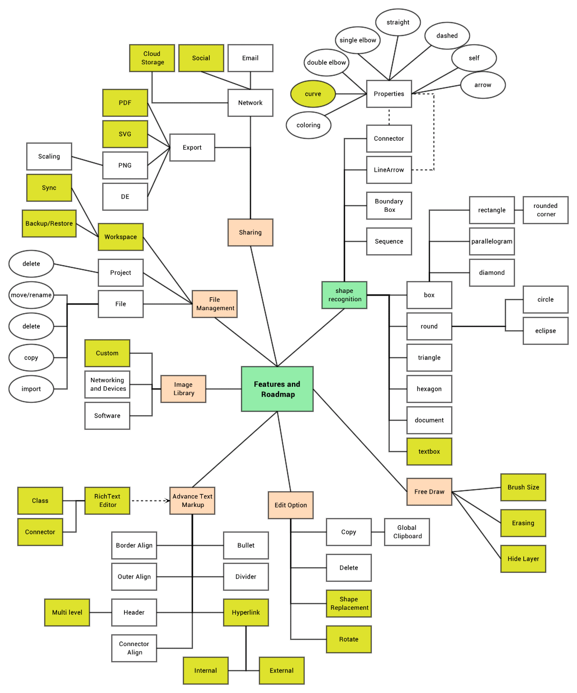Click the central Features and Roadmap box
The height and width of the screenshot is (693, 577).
(x=277, y=389)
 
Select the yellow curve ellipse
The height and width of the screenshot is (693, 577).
(x=313, y=94)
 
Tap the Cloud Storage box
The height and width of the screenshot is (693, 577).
(x=152, y=58)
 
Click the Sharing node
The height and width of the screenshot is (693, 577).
(x=250, y=232)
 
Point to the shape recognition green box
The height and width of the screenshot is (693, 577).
(x=344, y=295)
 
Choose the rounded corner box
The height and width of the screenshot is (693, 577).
(x=546, y=210)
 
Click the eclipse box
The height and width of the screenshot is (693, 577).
(x=546, y=331)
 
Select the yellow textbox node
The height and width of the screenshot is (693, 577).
(x=429, y=452)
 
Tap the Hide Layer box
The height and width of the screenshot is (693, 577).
(x=523, y=559)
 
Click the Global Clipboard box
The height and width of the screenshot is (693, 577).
(x=407, y=532)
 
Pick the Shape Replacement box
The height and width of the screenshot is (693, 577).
(x=349, y=604)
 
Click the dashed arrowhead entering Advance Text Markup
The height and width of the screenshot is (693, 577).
(x=167, y=501)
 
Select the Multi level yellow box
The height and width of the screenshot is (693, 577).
(x=67, y=613)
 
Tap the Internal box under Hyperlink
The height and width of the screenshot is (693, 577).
(x=206, y=671)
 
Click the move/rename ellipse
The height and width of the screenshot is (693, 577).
(x=31, y=295)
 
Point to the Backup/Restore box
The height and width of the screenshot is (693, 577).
(x=49, y=224)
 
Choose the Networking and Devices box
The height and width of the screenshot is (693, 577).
(x=107, y=385)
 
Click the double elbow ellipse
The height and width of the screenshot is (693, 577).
(x=327, y=63)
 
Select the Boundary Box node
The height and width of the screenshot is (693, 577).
(x=389, y=206)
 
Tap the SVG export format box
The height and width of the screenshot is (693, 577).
(x=125, y=134)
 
